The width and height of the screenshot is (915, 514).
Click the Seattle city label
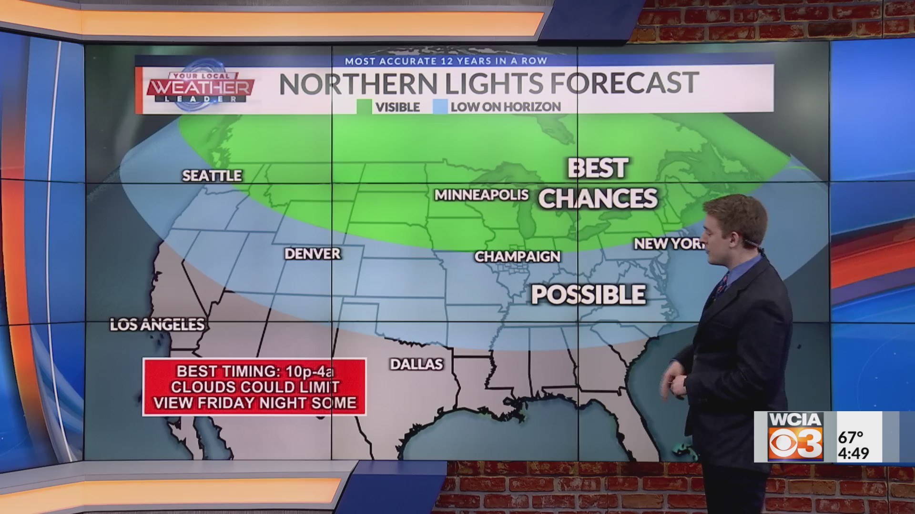[212, 176]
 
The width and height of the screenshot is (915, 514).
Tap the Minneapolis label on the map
[481, 195]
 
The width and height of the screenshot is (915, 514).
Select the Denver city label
[313, 254]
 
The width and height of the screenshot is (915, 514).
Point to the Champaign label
[518, 257]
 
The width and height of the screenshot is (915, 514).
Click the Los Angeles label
[157, 325]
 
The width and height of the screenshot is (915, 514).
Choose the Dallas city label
[417, 364]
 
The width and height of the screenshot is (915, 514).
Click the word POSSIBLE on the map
[589, 295]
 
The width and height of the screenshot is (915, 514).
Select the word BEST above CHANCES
[598, 168]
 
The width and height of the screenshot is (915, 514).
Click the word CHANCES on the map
[598, 198]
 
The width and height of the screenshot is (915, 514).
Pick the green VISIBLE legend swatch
[364, 107]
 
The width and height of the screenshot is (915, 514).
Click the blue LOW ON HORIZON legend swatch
[440, 107]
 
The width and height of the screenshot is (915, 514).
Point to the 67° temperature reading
[851, 437]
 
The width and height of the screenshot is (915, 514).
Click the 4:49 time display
[854, 453]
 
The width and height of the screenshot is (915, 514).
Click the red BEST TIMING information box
[254, 387]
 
